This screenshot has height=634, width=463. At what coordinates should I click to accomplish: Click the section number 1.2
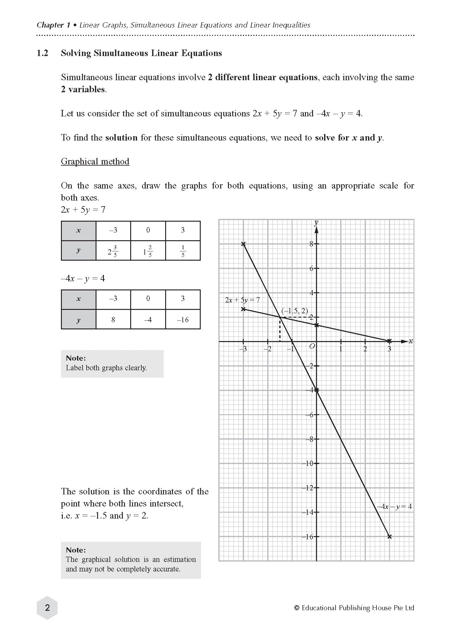coord(42,53)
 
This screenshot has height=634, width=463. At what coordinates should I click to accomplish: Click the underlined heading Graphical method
coord(95,161)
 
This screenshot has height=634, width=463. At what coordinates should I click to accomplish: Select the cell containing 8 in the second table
coord(113,319)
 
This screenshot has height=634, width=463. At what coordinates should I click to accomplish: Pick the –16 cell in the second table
coord(183,319)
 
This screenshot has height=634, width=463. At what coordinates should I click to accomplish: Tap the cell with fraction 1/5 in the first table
coord(183,251)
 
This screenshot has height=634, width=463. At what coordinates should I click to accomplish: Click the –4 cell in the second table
coord(148,319)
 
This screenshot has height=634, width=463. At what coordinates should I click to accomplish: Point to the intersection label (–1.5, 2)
coord(294,311)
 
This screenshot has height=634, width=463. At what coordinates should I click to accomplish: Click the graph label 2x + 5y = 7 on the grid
coord(242,300)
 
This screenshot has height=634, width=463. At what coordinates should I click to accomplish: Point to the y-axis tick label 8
coord(311,244)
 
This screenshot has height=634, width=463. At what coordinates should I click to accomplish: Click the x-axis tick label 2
coord(365,349)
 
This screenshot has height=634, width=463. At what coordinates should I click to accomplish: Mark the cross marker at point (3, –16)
coord(389,536)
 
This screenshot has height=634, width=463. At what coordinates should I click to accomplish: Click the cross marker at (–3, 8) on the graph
coord(243,244)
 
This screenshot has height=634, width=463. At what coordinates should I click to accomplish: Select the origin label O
coord(312,346)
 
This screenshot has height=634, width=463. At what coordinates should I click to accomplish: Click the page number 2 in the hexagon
coord(47,608)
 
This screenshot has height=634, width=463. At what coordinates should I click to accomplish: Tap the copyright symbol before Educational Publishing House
coord(297,608)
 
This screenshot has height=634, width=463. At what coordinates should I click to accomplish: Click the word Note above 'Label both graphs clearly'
coord(76,358)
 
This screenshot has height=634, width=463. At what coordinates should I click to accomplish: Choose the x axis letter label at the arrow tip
coord(411,341)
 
